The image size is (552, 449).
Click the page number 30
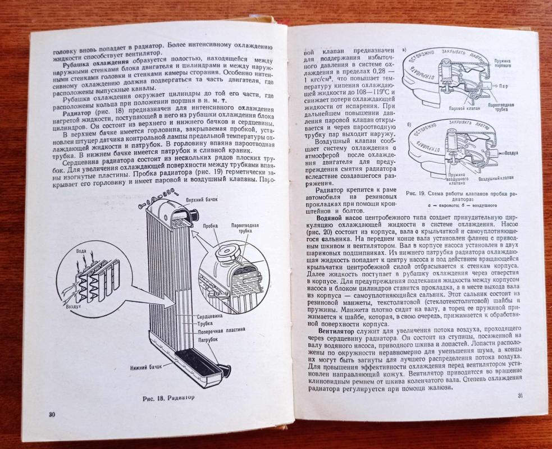click(x=51, y=414)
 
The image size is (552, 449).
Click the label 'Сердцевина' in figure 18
click(x=209, y=316)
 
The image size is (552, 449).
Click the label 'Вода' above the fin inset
click(x=82, y=251)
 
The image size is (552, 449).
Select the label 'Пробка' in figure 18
click(x=211, y=228)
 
